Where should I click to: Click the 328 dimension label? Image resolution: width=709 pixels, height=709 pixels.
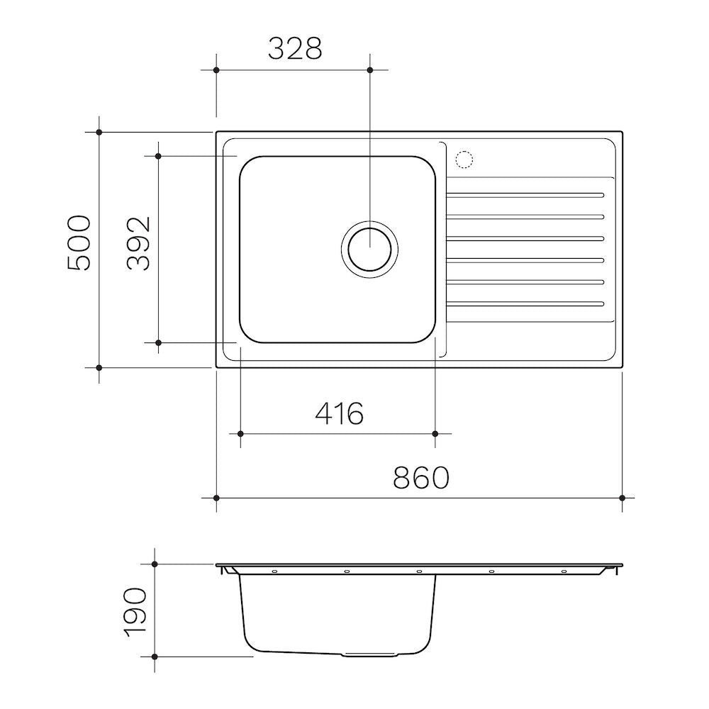295,49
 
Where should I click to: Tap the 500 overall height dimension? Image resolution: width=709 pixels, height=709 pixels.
79,242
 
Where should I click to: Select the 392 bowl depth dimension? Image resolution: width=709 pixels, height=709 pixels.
138,243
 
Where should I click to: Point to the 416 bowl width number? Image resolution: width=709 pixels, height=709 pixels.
339,413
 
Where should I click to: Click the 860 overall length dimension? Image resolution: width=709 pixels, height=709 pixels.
421,477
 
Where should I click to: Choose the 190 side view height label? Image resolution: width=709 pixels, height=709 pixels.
135,613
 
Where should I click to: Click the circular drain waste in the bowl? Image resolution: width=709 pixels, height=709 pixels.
370,249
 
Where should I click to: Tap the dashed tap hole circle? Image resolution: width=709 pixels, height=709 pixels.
464,160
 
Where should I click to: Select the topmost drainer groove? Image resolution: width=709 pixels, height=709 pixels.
525,196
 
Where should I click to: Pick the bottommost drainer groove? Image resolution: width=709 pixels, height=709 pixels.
525,304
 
